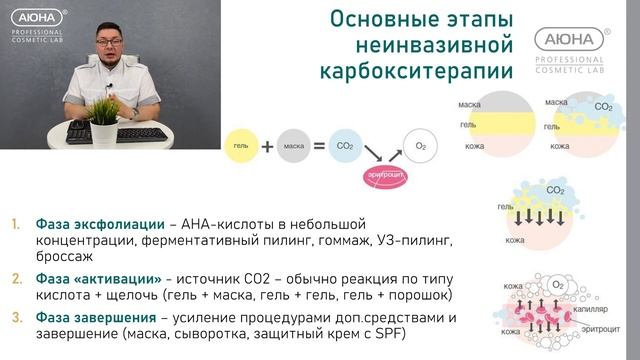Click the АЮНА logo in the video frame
pyautogui.click(x=35, y=19)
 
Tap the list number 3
pyautogui.click(x=16, y=318)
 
